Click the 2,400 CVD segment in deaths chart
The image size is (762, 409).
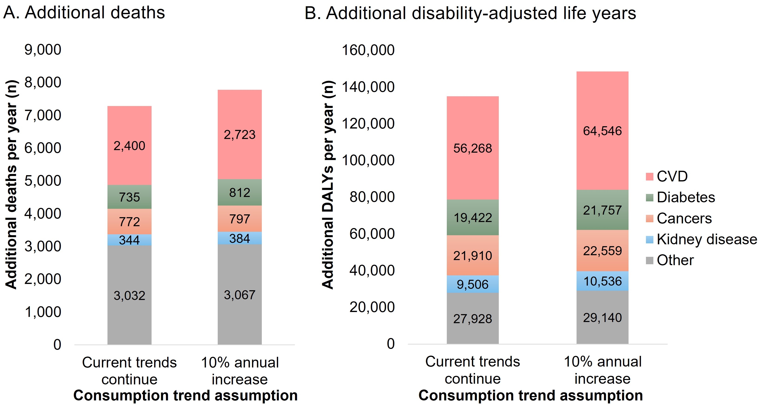pos(129,145)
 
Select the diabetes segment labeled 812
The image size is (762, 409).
pos(240,192)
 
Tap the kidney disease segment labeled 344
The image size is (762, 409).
pos(129,240)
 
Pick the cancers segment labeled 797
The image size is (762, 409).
pos(240,219)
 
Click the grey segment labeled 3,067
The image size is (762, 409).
pos(240,295)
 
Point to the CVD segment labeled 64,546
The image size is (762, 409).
pos(602,131)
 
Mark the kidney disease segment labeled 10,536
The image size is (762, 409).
pos(602,281)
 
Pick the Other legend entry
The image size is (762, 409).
pos(675,260)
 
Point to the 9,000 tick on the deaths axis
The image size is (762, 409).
pos(43,50)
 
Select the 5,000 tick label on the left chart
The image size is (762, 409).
pos(43,181)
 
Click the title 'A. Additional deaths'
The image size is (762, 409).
pos(84,13)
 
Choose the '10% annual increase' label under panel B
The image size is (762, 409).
pos(603,370)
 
